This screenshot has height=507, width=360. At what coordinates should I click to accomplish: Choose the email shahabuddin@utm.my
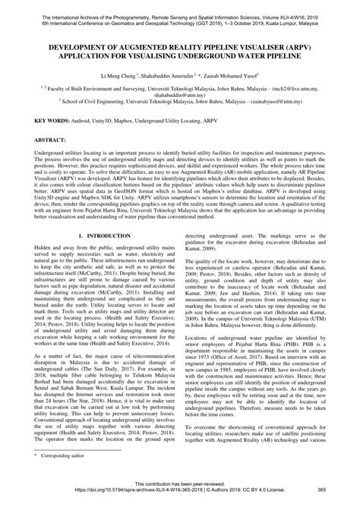180,96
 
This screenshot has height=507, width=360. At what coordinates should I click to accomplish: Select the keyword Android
87,121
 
